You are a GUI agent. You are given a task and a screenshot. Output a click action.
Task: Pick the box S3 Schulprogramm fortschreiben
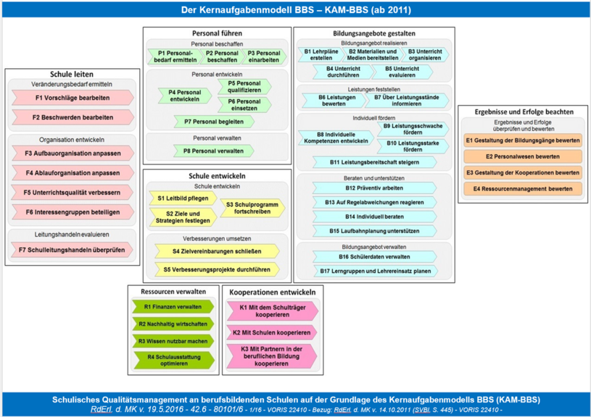(252, 208)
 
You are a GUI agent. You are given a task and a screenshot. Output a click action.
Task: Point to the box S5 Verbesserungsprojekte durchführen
(216, 269)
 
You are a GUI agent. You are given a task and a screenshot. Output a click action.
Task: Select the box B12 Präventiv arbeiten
(374, 188)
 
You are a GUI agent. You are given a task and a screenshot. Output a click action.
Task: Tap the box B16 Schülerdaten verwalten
(374, 256)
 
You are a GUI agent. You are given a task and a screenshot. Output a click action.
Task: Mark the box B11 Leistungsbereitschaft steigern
(374, 162)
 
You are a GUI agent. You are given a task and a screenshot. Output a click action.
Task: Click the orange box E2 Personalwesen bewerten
(523, 156)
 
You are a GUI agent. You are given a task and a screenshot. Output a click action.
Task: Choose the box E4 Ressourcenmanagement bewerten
(523, 189)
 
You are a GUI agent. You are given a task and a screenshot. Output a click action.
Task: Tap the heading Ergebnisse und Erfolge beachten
(523, 111)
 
